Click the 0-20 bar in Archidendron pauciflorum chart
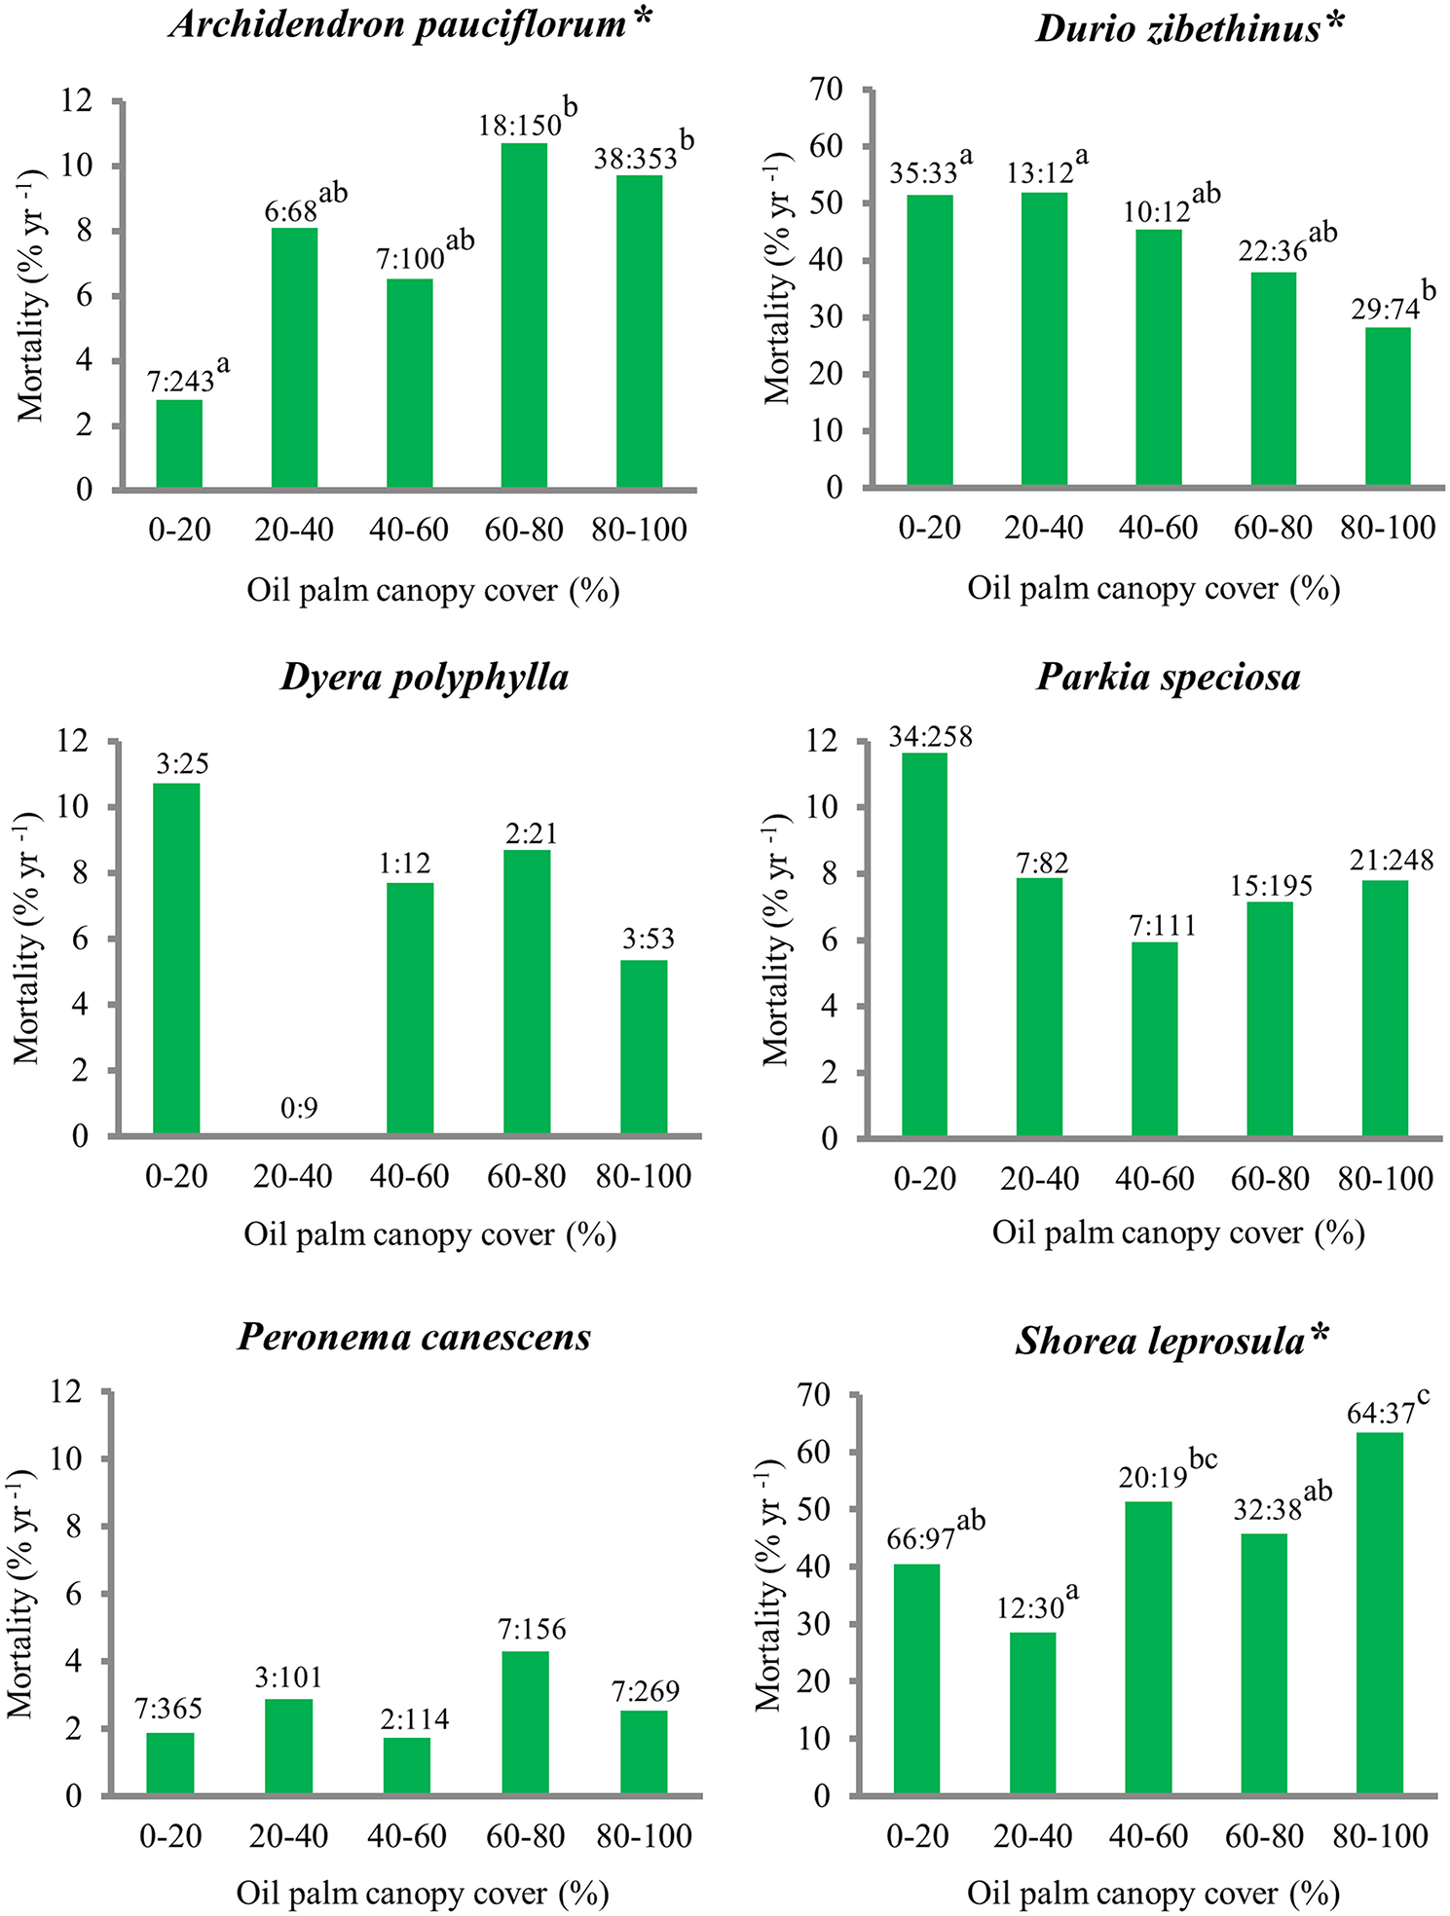[179, 444]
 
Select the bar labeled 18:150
[524, 315]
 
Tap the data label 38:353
[635, 159]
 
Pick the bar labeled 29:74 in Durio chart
[1388, 407]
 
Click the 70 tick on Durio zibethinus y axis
[828, 90]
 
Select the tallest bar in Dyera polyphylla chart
[177, 959]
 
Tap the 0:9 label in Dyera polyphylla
[299, 1108]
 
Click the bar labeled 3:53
[645, 1048]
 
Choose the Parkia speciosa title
[1168, 677]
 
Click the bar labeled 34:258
[924, 944]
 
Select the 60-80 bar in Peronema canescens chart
[526, 1722]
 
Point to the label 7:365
[168, 1709]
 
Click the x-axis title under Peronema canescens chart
[423, 1893]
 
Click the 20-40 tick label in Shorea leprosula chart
[1032, 1836]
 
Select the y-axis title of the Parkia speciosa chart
[776, 940]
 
